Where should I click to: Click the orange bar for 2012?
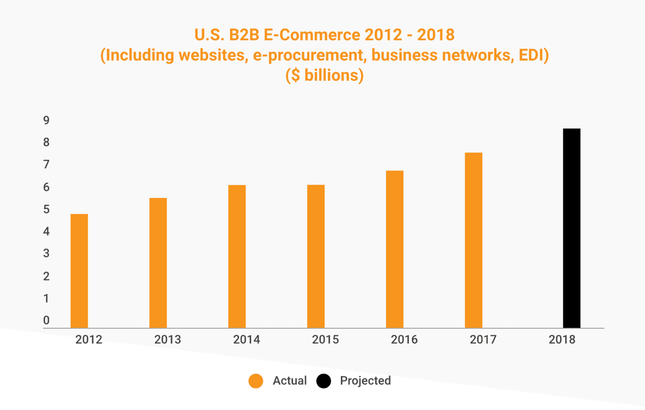point(79,271)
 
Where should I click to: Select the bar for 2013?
point(158,263)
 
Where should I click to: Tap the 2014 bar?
point(237,256)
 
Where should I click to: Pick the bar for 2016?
point(395,249)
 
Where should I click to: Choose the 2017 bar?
point(474,240)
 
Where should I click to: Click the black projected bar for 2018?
point(571,228)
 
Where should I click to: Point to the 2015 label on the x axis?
point(326,339)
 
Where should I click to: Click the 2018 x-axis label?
point(562,339)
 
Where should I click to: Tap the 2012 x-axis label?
point(89,339)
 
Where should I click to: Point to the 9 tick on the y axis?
point(46,121)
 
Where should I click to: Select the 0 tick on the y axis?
point(46,320)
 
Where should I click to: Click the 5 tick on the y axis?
point(46,209)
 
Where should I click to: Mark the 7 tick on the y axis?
point(46,165)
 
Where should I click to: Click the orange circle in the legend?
point(256,381)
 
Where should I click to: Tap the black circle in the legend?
point(324,381)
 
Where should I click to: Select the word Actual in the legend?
point(290,381)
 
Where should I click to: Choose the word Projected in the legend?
point(365,381)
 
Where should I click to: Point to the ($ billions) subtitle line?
point(325,76)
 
